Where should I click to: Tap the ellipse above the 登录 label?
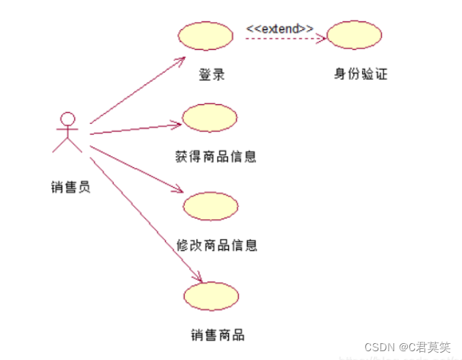point(206,35)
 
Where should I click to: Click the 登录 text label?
point(210,74)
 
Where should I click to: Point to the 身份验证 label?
point(360,74)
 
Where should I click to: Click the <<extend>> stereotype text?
point(279,28)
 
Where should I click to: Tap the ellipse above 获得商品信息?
point(210,117)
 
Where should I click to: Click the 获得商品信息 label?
point(216,156)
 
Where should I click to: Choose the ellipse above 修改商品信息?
point(211,206)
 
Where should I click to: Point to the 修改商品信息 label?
point(217,244)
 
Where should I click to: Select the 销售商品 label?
point(217,335)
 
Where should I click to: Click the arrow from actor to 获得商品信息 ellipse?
point(136,129)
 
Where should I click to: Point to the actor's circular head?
point(67,118)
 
